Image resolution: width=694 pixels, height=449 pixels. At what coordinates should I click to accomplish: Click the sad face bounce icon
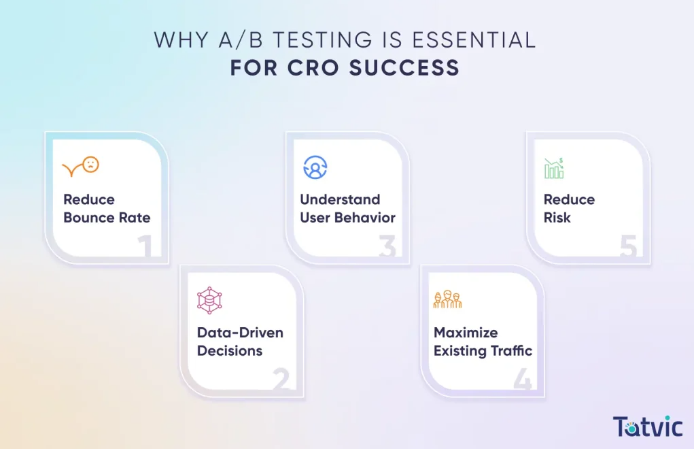tap(81, 166)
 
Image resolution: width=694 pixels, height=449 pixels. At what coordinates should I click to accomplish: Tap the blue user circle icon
tap(315, 167)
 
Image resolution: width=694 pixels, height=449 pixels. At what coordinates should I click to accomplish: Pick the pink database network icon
tap(209, 300)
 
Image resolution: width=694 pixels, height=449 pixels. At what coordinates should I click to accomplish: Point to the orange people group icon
tap(447, 300)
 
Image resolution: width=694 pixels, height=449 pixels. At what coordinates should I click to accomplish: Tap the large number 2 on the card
tap(281, 380)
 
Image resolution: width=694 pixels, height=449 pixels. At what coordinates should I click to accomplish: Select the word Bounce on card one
tap(88, 218)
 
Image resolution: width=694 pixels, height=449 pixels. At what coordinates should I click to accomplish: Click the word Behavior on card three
tap(370, 218)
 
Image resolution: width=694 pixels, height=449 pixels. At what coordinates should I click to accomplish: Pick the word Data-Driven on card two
tap(240, 333)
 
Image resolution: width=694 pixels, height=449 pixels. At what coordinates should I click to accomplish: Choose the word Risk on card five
tap(557, 218)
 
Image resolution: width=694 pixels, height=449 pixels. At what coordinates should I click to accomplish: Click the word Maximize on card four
tap(466, 333)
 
